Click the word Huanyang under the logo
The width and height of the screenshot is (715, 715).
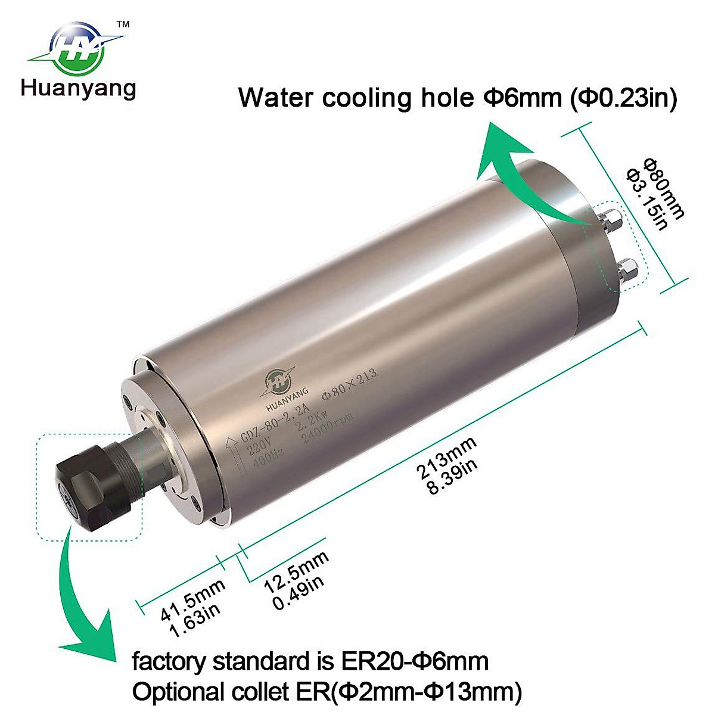pos(79,88)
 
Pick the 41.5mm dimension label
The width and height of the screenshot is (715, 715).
pos(194,598)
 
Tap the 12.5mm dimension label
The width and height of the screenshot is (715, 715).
pos(296,571)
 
